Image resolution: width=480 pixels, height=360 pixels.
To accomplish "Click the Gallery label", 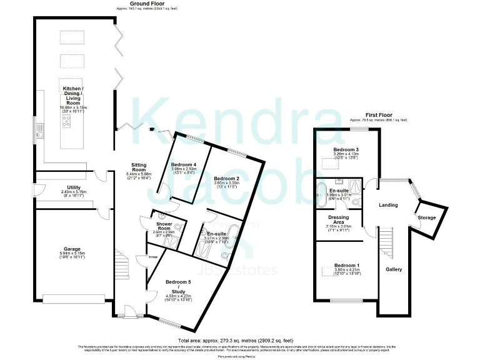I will (394, 269).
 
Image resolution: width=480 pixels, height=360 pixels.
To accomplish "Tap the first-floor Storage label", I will (428, 217).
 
